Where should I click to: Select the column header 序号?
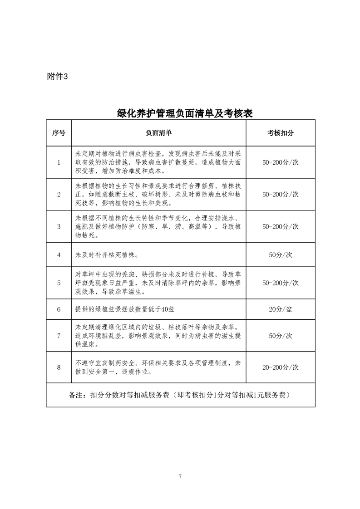(x=59, y=133)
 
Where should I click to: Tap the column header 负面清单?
(x=158, y=133)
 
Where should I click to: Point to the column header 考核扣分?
(x=280, y=133)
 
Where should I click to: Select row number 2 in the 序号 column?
(x=59, y=194)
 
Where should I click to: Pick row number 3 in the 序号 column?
(x=59, y=226)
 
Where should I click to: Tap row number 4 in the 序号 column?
(x=59, y=255)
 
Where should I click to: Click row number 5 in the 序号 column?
(x=59, y=283)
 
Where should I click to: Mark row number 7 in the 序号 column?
(x=59, y=336)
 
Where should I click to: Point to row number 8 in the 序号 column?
(x=59, y=367)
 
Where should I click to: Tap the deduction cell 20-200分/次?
(x=280, y=367)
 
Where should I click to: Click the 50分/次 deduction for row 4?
(x=280, y=255)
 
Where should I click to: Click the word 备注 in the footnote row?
(x=75, y=395)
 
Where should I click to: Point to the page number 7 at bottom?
(x=180, y=476)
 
